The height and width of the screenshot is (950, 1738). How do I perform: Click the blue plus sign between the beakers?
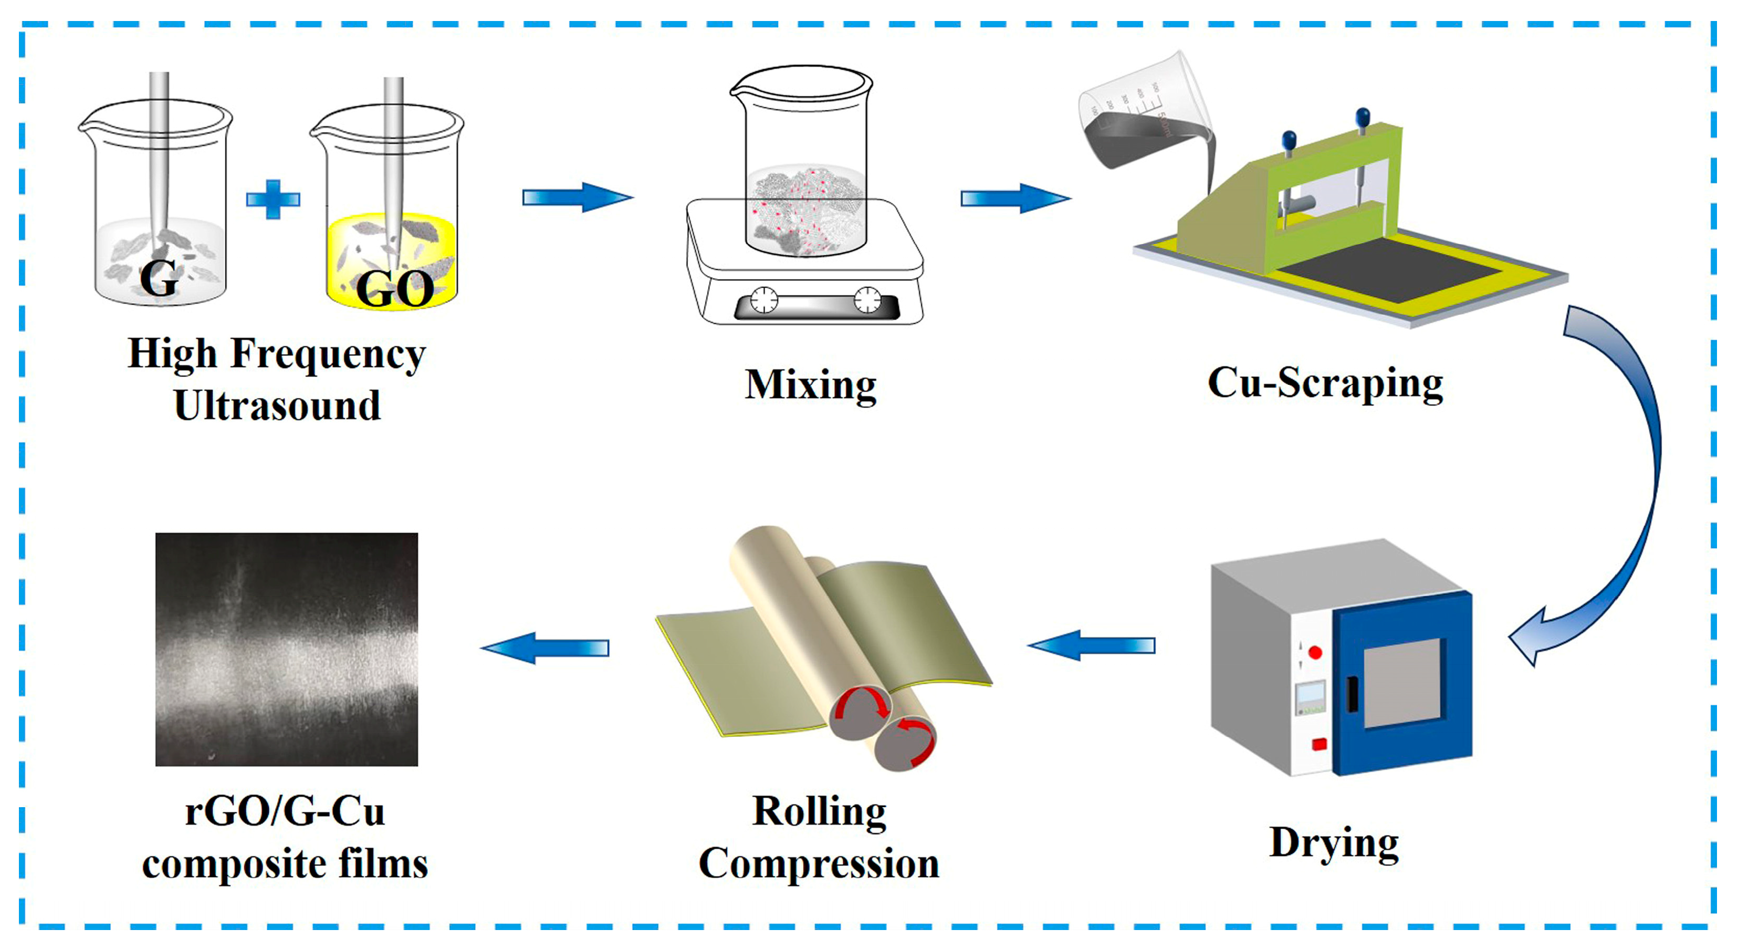(273, 199)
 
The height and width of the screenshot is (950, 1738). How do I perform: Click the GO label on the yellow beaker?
(395, 289)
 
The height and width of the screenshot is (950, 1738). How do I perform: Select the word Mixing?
(810, 385)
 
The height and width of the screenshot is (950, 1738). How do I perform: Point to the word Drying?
(1334, 843)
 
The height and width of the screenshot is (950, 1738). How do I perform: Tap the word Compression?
(819, 864)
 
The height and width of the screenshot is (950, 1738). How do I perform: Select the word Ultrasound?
(277, 405)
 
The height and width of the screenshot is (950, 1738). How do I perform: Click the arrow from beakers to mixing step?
(577, 197)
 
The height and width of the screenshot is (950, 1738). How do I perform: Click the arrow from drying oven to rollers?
(1091, 646)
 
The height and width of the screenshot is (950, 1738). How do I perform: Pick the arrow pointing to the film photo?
(545, 648)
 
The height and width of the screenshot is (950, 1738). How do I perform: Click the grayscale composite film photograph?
(286, 649)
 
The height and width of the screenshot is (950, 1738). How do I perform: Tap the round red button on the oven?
(1315, 652)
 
